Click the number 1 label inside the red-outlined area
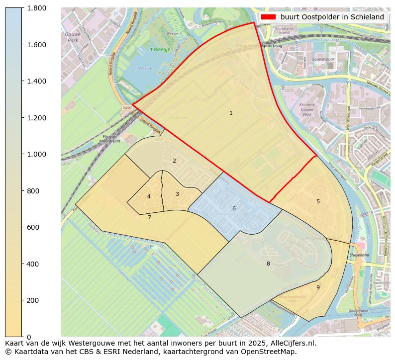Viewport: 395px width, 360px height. [x=231, y=113]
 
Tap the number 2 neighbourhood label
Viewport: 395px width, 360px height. [x=174, y=161]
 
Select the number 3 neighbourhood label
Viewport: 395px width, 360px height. [x=177, y=194]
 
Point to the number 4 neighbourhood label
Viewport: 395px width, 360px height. [x=149, y=197]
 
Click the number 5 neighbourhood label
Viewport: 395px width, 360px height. [x=318, y=201]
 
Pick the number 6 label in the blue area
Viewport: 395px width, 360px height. [x=234, y=208]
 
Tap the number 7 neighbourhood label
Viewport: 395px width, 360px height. [x=149, y=217]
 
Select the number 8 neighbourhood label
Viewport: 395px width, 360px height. [x=268, y=264]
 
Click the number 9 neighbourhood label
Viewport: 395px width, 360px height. [x=318, y=287]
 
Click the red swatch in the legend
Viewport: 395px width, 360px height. [x=268, y=17]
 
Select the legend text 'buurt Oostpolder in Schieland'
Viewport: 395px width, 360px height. [x=332, y=17]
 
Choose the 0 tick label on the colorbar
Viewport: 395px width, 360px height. [x=29, y=337]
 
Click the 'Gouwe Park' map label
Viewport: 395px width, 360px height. [x=73, y=37]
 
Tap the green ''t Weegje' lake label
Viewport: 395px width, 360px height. [x=146, y=50]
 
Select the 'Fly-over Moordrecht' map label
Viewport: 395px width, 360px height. [x=110, y=139]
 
